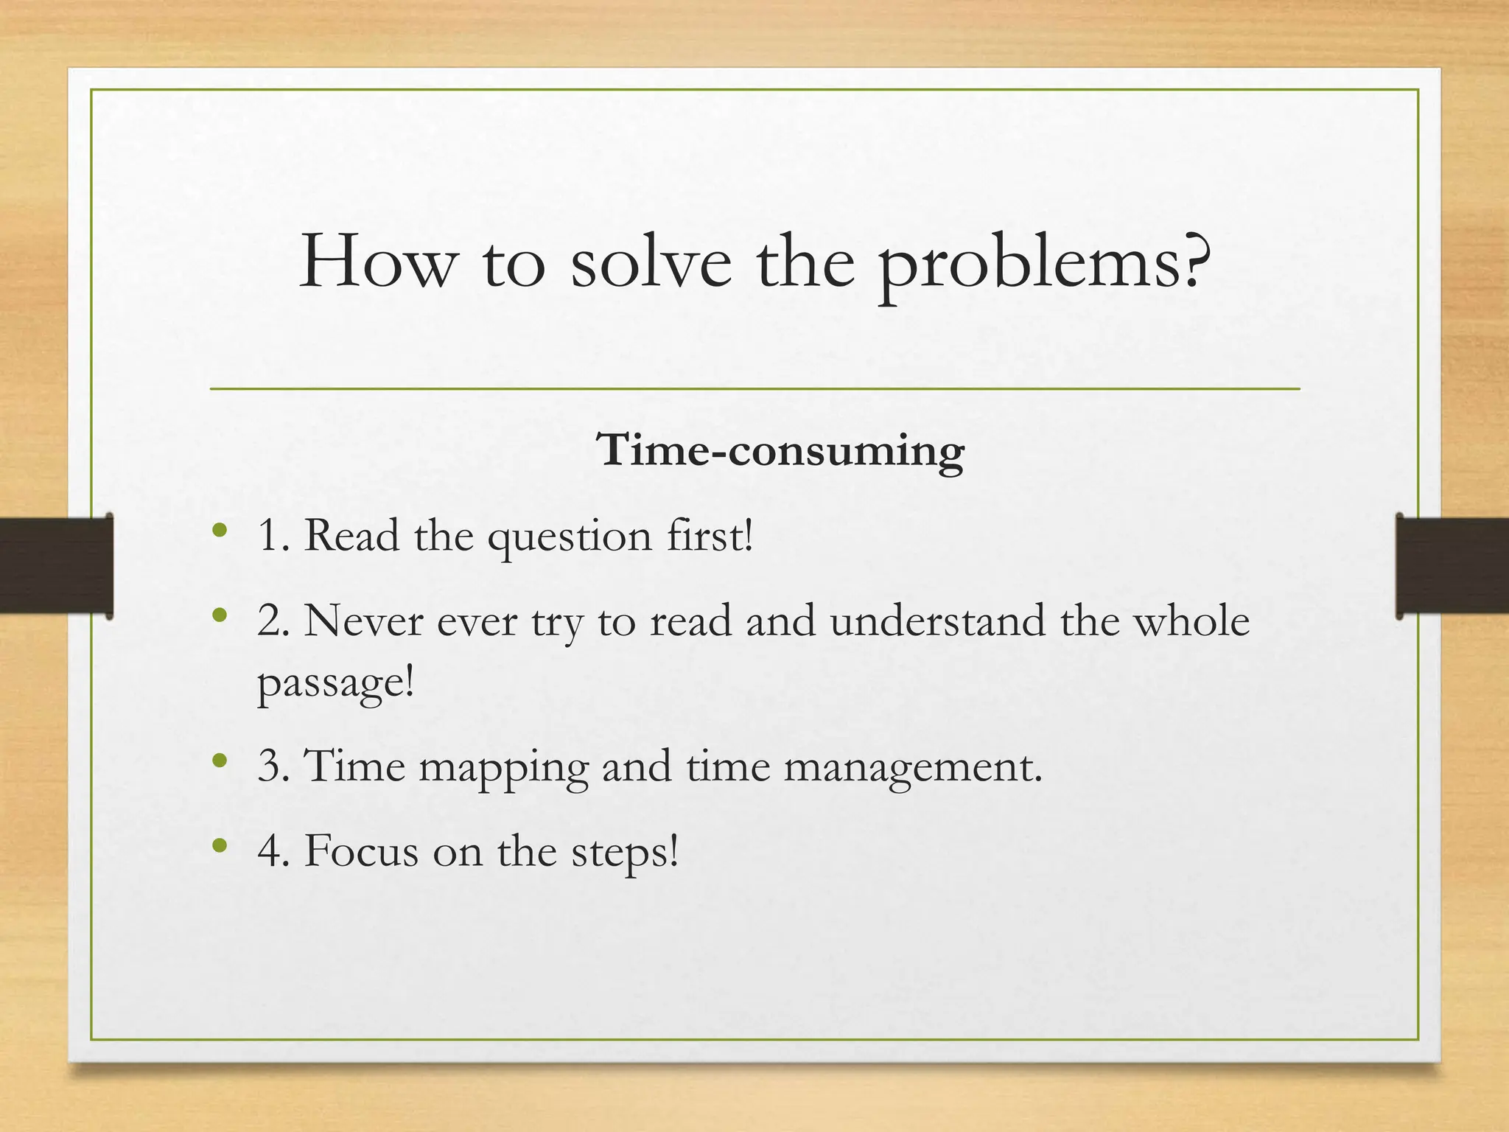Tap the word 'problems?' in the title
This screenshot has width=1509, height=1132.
(x=1045, y=265)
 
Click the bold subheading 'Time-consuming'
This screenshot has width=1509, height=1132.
(x=780, y=450)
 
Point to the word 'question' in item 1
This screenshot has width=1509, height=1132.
(x=570, y=537)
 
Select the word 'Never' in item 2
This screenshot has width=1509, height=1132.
(x=363, y=621)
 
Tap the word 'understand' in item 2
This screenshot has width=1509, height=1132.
(x=937, y=621)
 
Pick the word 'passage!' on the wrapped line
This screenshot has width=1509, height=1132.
(x=336, y=683)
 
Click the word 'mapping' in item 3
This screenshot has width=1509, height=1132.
(x=504, y=767)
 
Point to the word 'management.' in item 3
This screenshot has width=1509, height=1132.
(x=913, y=767)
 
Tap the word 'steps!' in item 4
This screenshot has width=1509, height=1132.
(x=624, y=853)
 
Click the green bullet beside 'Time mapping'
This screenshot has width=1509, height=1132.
(x=219, y=761)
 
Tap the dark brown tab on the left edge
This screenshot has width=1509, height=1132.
(x=56, y=565)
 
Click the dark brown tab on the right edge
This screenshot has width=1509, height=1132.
(x=1452, y=565)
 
